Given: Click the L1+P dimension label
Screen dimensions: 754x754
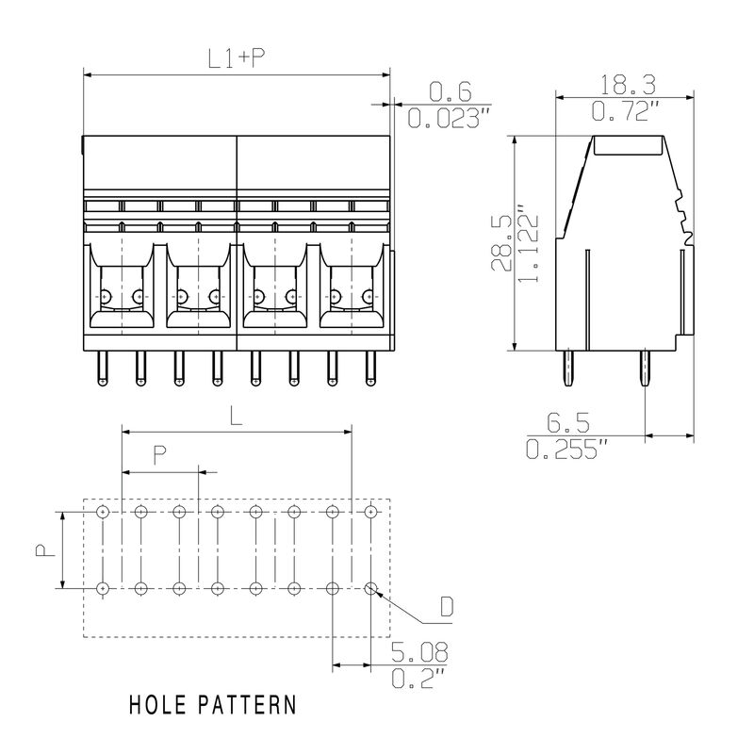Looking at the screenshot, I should (235, 58).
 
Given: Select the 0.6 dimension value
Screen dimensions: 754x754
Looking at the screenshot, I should (450, 91).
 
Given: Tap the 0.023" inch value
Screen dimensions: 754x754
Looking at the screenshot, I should (450, 118).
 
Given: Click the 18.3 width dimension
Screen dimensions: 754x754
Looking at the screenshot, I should (623, 84).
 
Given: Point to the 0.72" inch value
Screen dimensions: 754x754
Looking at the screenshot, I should (623, 110).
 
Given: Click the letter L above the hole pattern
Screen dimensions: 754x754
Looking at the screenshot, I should (237, 417).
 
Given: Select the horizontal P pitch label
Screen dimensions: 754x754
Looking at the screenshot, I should (160, 455).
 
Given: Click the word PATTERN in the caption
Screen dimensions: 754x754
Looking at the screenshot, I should (250, 705).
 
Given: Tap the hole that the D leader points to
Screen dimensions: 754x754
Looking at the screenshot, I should (370, 588).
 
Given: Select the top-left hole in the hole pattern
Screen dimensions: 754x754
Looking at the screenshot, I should (101, 512).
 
